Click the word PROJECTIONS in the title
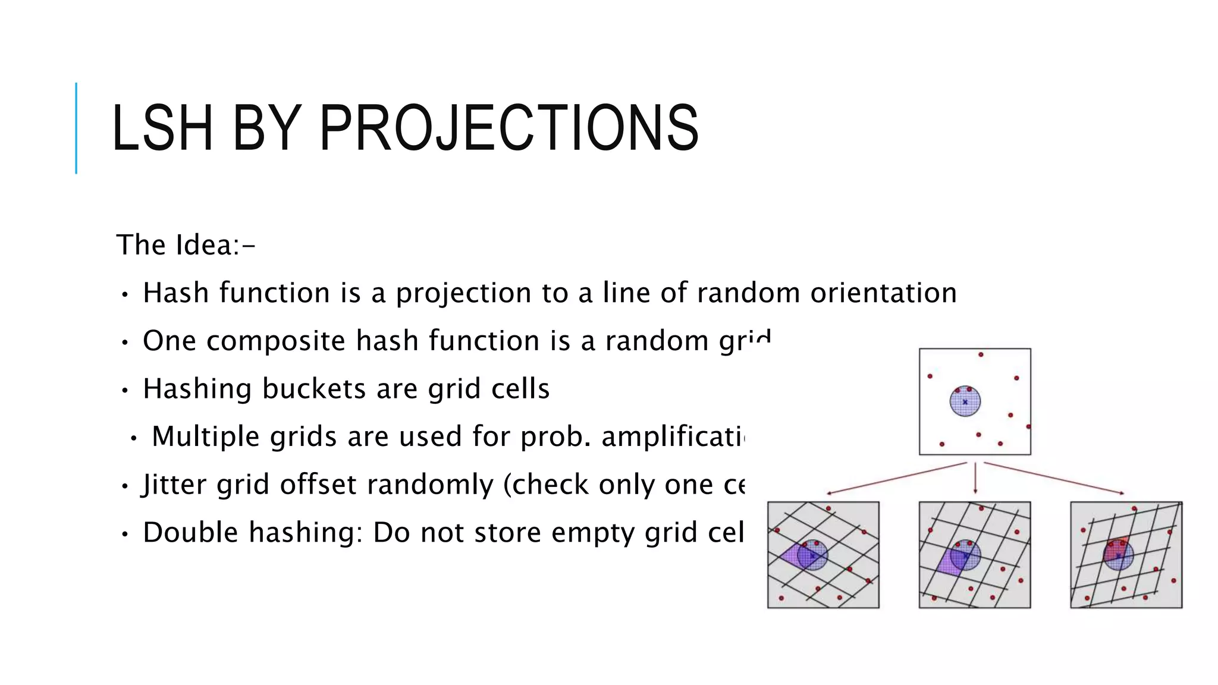pyautogui.click(x=508, y=128)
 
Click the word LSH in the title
pyautogui.click(x=162, y=128)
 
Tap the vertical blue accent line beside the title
pyautogui.click(x=76, y=128)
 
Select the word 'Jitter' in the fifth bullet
pyautogui.click(x=175, y=485)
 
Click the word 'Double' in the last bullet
pyautogui.click(x=191, y=532)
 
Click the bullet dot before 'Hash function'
pyautogui.click(x=124, y=294)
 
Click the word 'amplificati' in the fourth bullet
pyautogui.click(x=672, y=436)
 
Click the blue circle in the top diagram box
pyautogui.click(x=965, y=401)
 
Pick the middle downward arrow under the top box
pyautogui.click(x=975, y=479)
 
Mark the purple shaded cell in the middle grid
pyautogui.click(x=949, y=562)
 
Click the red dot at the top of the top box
pyautogui.click(x=981, y=354)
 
